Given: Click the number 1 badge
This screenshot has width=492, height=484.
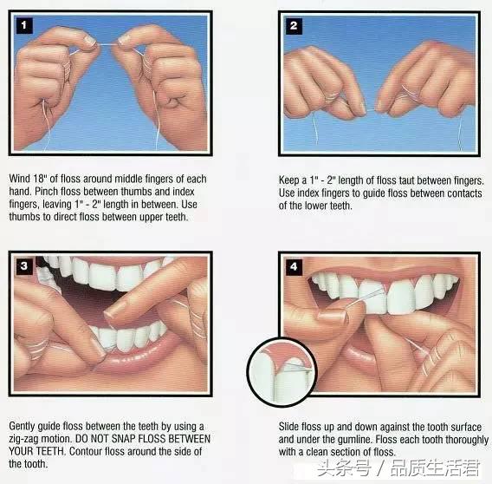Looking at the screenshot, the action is coord(24,25).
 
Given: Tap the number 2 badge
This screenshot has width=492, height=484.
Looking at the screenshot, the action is coord(294,26).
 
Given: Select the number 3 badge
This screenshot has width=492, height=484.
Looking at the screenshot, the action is coord(24,266).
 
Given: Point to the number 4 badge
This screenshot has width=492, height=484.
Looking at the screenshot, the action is coord(294,267).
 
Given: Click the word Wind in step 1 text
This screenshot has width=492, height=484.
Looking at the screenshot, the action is coord(19,179).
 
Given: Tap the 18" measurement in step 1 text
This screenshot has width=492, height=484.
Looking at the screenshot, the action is coord(40,179).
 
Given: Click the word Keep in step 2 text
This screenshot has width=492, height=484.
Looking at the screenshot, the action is coord(289,180).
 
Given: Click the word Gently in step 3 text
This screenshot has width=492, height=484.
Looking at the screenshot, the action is coord(22,426).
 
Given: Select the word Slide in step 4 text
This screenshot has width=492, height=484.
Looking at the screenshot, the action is coord(288,427).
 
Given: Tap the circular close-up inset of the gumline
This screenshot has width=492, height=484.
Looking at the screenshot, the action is coord(282,372).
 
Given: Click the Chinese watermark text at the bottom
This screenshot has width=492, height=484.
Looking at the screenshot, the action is coord(398,468).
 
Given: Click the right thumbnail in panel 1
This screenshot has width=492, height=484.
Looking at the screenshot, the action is coord(125,39).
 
